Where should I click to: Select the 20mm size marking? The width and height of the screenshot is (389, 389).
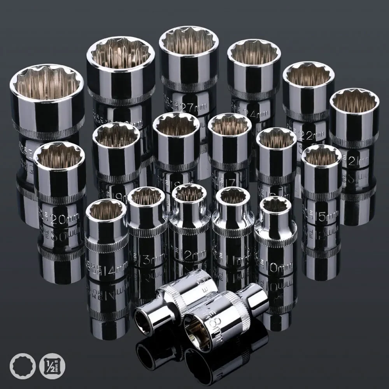pos(62,220)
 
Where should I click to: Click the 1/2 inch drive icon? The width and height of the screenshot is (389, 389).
pos(52,366)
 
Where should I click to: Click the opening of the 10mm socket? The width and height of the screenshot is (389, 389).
pos(275,205)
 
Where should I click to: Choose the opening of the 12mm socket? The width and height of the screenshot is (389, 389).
pos(189,193)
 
